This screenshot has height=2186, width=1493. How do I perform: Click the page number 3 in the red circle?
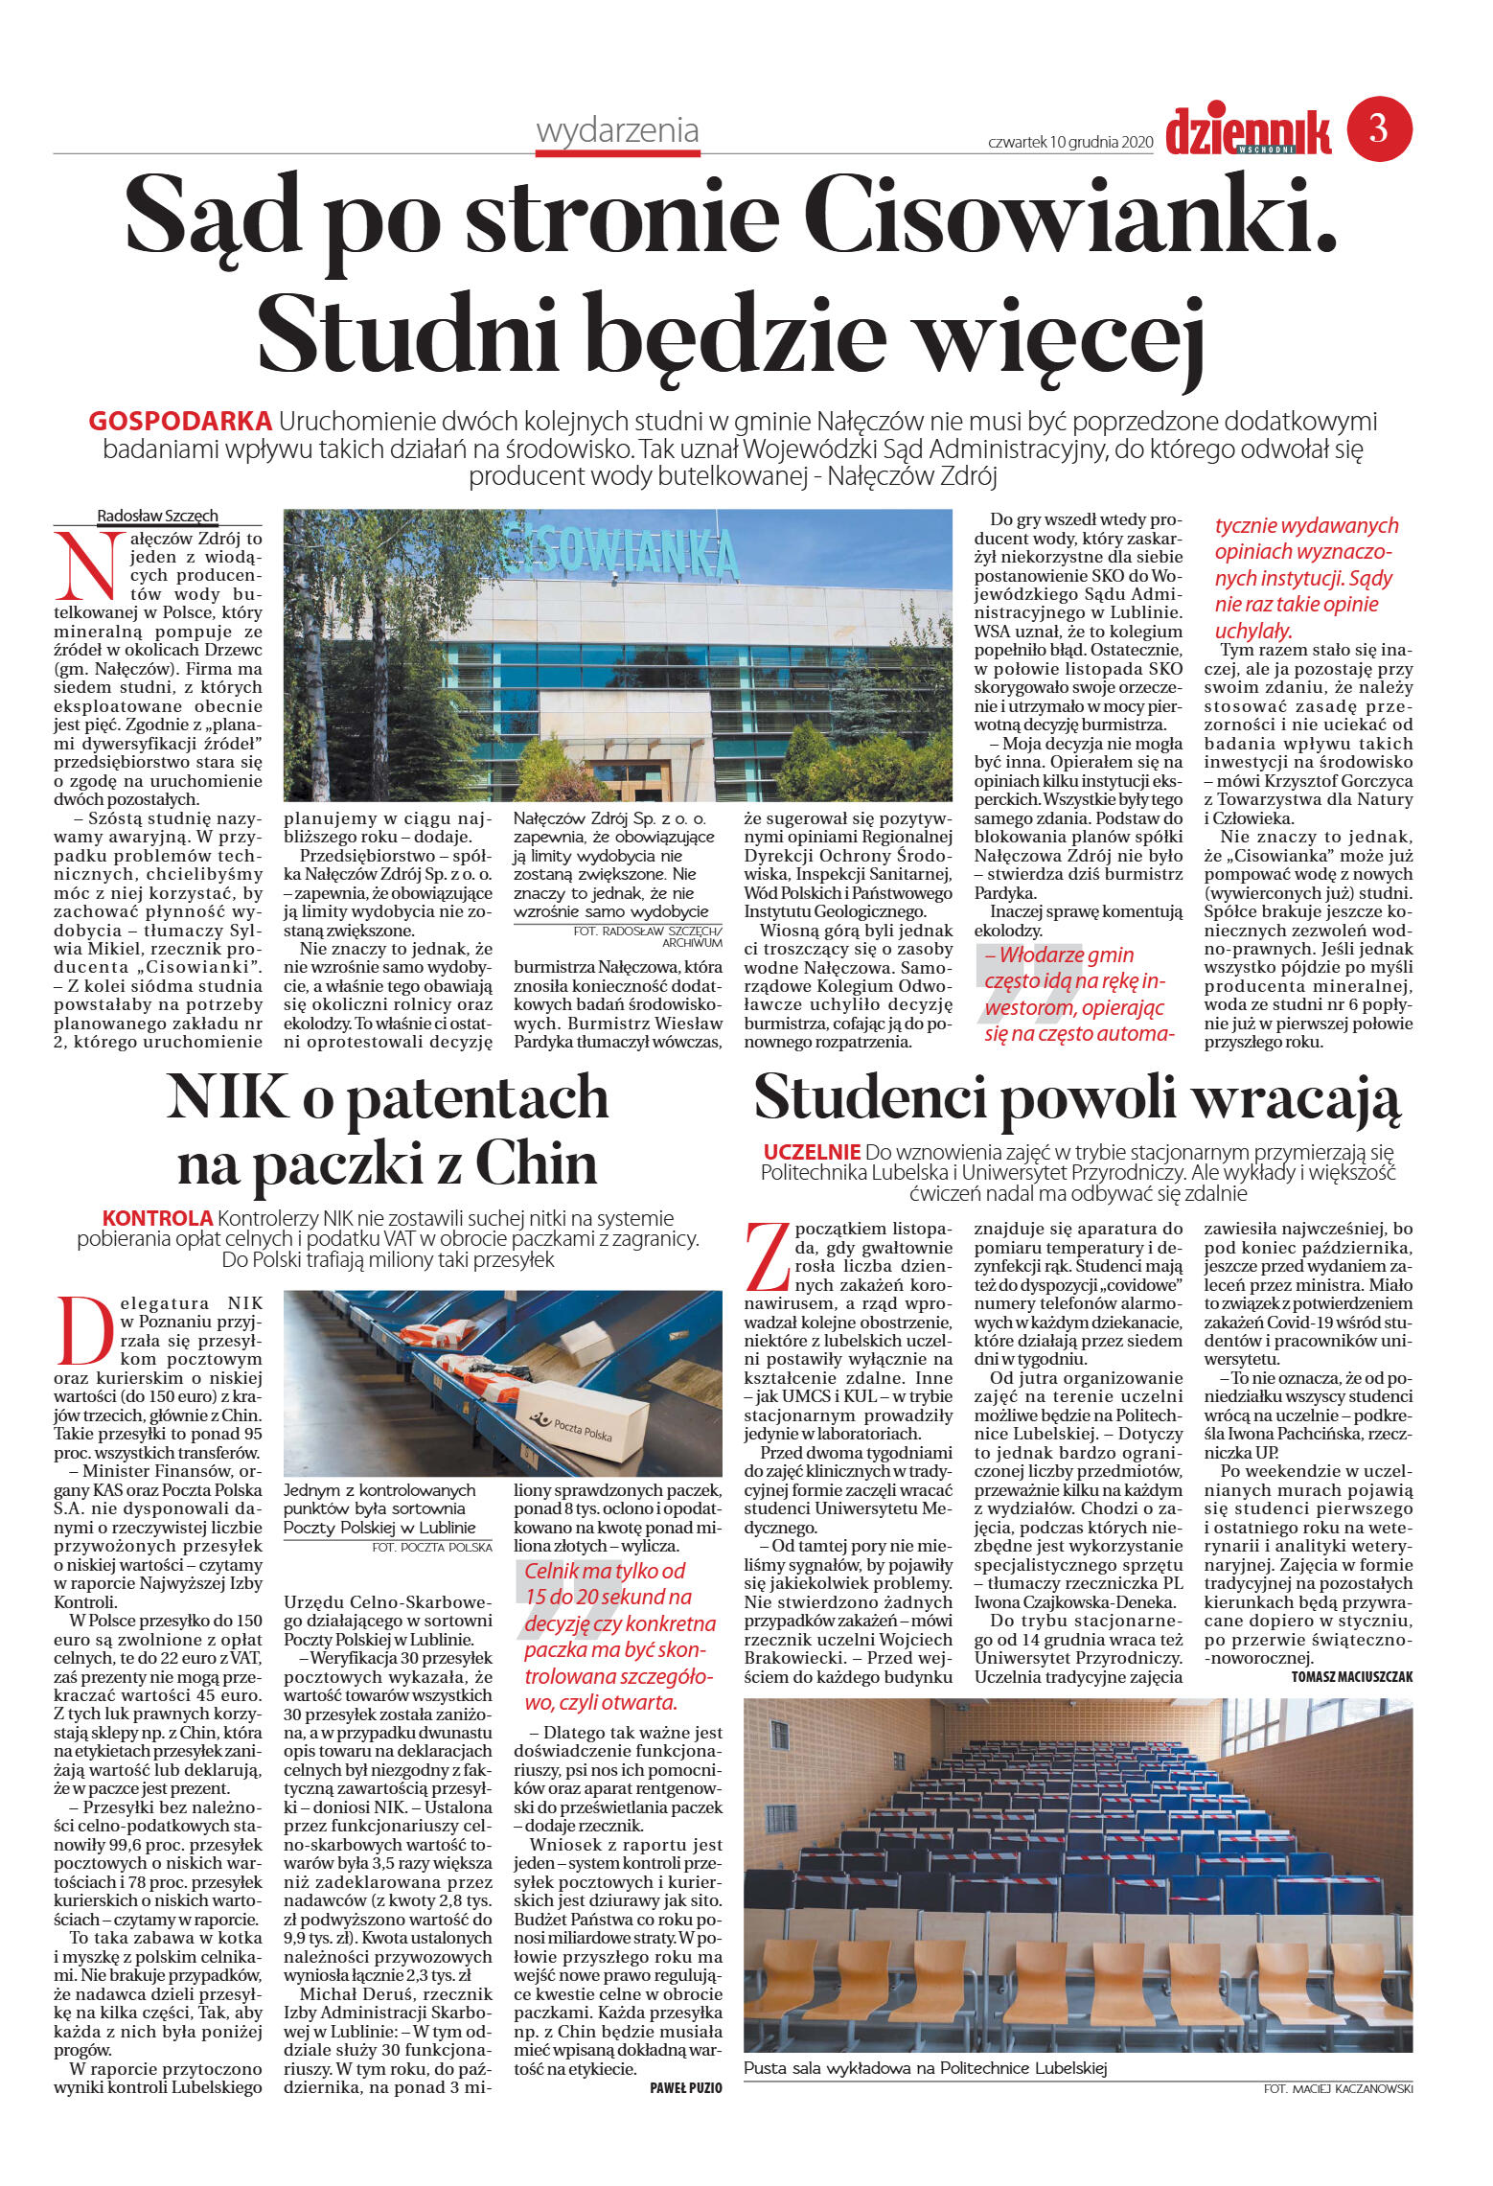click(1378, 128)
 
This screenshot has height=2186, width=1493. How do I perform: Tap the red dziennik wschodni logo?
click(1248, 132)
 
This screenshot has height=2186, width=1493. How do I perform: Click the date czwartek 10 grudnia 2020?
click(1069, 142)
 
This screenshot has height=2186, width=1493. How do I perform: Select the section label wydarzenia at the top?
click(617, 130)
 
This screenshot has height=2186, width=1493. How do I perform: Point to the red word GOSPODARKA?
click(179, 421)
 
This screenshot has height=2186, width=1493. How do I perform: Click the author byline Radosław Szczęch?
click(157, 516)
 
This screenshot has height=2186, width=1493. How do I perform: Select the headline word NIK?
click(227, 1097)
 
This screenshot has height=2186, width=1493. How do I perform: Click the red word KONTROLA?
click(157, 1218)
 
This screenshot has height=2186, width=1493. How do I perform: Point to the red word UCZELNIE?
click(812, 1152)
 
